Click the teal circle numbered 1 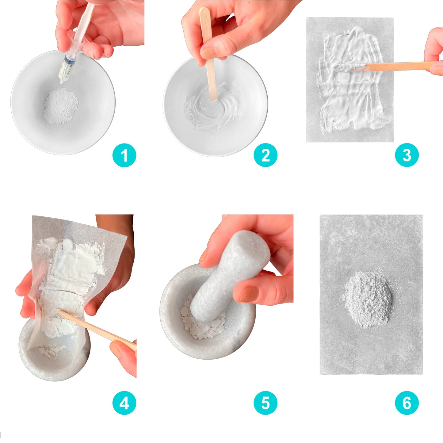(x=124, y=155)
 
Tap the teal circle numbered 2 (x=265, y=155)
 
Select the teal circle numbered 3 (x=407, y=155)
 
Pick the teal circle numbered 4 (x=124, y=403)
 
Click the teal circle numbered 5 (x=265, y=403)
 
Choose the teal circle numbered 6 (x=407, y=403)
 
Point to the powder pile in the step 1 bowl (x=60, y=106)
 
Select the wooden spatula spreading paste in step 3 (x=395, y=66)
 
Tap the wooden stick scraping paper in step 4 (x=98, y=328)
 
